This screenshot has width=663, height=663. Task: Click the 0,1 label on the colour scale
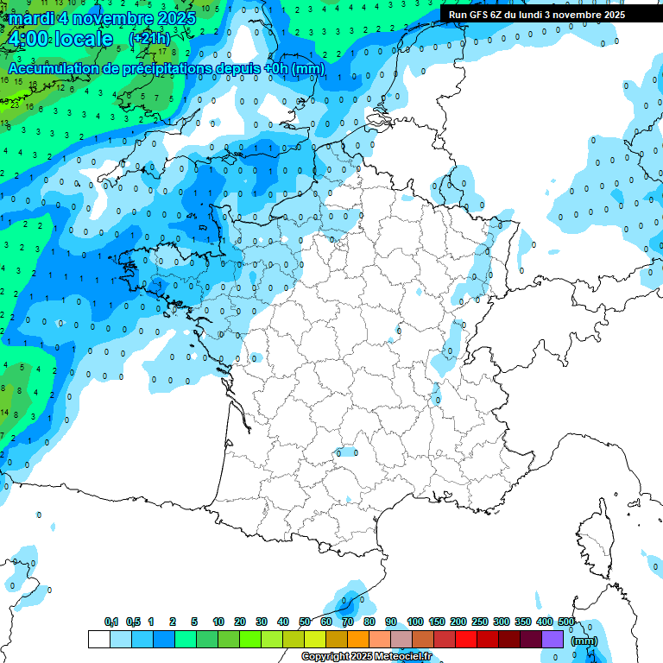pos(111,622)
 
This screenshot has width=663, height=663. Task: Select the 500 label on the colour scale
pos(567,622)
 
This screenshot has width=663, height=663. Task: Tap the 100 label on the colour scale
pos(415,622)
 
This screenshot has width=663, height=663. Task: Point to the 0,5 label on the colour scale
pos(133,622)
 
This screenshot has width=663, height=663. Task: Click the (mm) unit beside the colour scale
pos(584,641)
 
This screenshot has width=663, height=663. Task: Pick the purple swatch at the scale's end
pos(552,639)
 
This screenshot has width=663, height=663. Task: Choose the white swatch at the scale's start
pos(98,639)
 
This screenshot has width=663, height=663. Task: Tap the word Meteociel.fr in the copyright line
pos(400,657)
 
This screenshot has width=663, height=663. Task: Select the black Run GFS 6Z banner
pos(537,15)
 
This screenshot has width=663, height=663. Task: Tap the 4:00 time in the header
pos(28,39)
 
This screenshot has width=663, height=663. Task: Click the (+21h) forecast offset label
pos(149,39)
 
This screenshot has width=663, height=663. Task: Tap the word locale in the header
pos(83,39)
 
